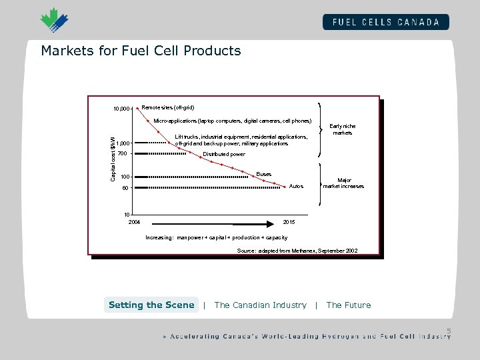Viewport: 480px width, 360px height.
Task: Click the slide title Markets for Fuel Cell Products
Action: [x=141, y=51]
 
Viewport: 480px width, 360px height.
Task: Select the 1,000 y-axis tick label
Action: [x=122, y=143]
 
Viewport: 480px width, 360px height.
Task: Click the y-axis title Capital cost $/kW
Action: [x=113, y=155]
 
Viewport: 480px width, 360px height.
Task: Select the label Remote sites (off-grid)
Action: [x=168, y=107]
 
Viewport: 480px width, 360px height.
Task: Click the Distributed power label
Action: [x=224, y=154]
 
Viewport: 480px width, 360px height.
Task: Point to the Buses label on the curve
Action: [x=264, y=174]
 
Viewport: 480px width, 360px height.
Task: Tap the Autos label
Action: [x=296, y=187]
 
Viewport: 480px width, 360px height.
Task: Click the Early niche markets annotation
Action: [x=343, y=129]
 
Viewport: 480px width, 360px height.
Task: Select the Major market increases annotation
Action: [x=344, y=183]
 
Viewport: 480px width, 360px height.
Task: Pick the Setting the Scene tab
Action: [x=151, y=305]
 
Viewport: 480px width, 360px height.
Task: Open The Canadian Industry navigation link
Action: [x=261, y=305]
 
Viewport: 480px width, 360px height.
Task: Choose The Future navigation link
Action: [x=349, y=305]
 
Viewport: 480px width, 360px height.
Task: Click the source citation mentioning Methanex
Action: [x=297, y=250]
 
